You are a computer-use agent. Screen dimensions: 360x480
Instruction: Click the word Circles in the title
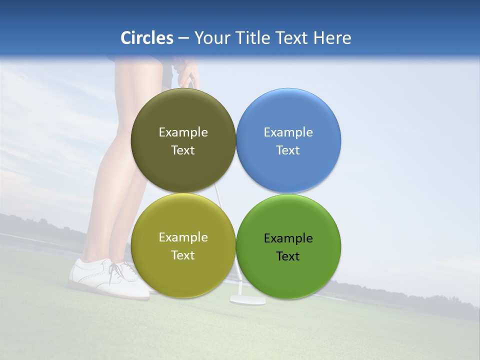[x=146, y=38]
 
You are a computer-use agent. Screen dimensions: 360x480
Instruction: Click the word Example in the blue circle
[x=288, y=132]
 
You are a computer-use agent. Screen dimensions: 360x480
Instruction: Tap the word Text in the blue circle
[x=288, y=150]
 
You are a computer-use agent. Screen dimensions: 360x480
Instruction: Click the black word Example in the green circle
[x=288, y=238]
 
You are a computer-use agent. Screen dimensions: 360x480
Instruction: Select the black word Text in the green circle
[x=288, y=256]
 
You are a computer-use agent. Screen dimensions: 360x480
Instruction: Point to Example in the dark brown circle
[x=183, y=132]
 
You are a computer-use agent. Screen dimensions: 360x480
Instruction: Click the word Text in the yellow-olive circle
[x=183, y=255]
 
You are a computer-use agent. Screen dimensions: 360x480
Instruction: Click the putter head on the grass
[x=247, y=300]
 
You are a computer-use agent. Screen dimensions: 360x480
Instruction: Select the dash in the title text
[x=183, y=38]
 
